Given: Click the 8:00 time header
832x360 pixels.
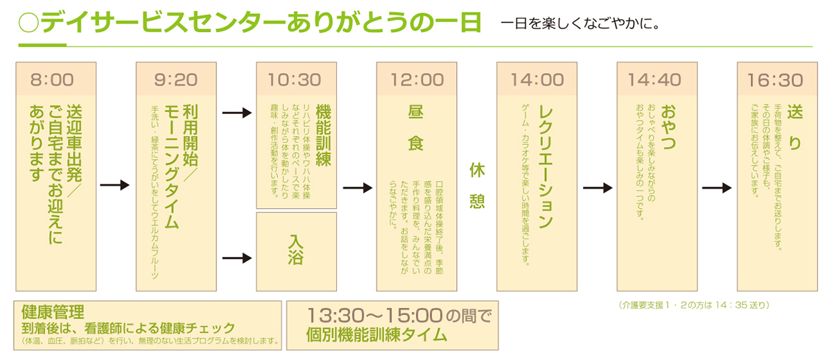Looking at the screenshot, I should (x=55, y=80).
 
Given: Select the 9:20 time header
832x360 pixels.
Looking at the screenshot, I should (x=176, y=80).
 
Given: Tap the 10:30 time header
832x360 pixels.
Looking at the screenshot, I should (x=296, y=80).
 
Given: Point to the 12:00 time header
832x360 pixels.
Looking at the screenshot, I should (x=417, y=80).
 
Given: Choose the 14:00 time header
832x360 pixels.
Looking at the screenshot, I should (x=537, y=80).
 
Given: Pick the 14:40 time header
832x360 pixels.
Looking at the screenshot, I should (x=657, y=80).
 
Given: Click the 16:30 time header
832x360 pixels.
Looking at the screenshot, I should (x=777, y=80).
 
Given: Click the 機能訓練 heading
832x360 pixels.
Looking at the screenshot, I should (x=323, y=136).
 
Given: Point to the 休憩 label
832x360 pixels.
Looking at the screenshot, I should (x=477, y=185).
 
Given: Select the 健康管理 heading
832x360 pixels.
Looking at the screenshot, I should (x=53, y=311).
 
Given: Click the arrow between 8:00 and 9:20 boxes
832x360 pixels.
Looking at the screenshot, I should (x=115, y=185).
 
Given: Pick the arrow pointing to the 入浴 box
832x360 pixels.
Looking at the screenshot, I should (x=236, y=257).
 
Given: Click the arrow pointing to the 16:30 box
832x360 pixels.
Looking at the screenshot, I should (x=717, y=188).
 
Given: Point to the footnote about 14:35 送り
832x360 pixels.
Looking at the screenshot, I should (x=693, y=305).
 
